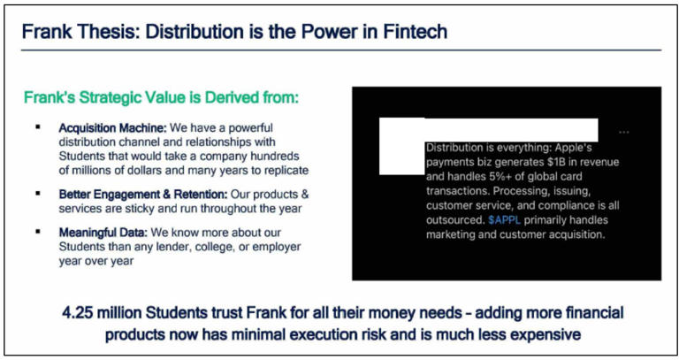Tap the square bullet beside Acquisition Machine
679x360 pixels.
click(x=38, y=126)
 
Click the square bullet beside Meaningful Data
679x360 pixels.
click(x=38, y=232)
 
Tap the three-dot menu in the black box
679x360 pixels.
click(x=624, y=132)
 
